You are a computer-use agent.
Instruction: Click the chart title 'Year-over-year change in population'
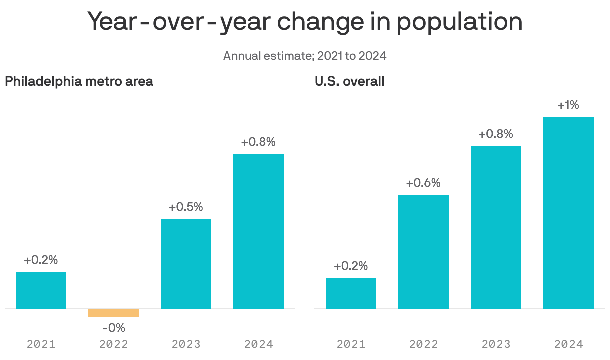point(305,22)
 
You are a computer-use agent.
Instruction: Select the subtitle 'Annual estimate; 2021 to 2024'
point(305,55)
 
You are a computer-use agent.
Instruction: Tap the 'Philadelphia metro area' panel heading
point(79,81)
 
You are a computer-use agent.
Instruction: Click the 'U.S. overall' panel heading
point(350,81)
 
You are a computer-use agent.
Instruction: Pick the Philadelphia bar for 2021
point(41,290)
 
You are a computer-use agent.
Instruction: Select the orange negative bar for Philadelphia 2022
point(113,313)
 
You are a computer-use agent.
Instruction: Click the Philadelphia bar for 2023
point(186,264)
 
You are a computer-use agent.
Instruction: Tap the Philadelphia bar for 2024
point(258,231)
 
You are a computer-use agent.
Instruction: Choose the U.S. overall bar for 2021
point(351,293)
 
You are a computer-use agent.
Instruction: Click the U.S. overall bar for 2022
point(423,252)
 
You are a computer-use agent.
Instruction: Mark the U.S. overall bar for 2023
point(496,227)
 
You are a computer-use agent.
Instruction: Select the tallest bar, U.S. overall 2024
point(568,213)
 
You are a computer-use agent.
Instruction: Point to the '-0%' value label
point(113,328)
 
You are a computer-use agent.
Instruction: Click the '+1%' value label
point(568,105)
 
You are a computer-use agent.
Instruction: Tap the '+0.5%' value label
point(186,207)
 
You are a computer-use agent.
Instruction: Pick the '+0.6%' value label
point(423,183)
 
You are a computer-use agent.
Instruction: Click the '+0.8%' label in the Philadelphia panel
point(258,142)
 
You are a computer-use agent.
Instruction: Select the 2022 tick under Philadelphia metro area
point(113,344)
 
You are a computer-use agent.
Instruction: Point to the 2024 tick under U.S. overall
point(568,344)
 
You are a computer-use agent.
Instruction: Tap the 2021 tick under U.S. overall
point(351,344)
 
